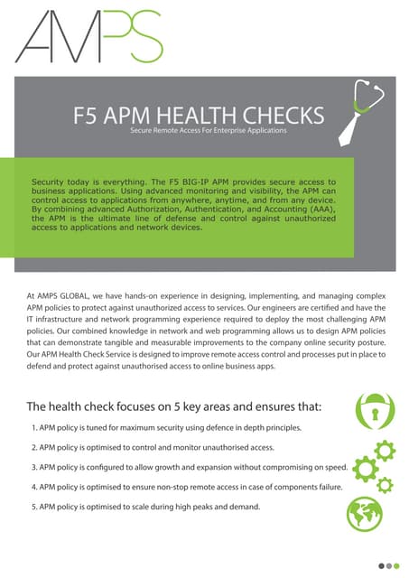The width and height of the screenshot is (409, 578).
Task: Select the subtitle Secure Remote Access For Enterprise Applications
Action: (x=208, y=132)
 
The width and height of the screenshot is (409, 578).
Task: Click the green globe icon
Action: (x=365, y=514)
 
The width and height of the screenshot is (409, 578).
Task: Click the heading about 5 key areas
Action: (x=174, y=406)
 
